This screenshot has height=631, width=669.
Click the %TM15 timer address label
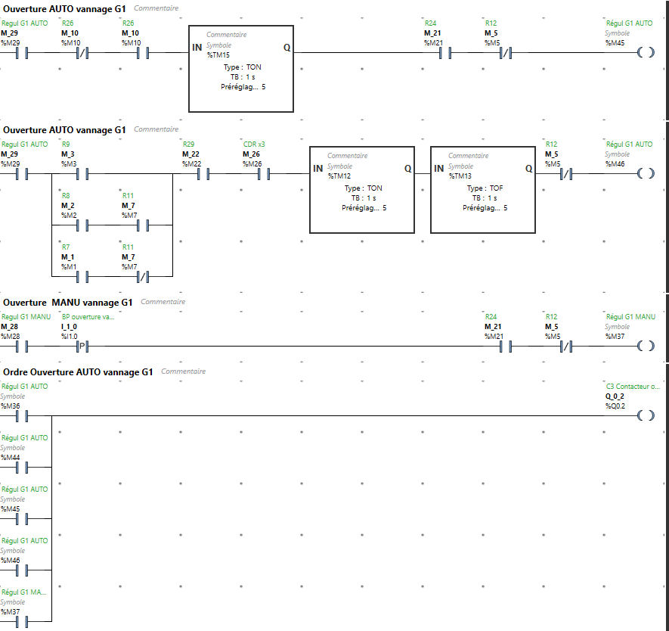point(218,55)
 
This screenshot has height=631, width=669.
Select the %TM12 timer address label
point(339,176)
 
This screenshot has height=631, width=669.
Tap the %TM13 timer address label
point(460,176)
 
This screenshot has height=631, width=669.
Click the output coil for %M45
point(646,52)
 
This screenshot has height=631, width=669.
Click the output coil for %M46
point(646,173)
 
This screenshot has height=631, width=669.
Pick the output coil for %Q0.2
point(646,415)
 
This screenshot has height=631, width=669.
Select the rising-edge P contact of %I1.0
point(82,347)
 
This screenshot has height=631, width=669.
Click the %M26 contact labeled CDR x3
point(264,174)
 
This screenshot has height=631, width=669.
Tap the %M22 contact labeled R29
point(203,174)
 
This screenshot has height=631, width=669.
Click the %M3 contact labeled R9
point(82,174)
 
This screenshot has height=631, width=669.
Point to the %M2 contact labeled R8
point(82,225)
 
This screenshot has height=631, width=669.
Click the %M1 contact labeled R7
point(82,277)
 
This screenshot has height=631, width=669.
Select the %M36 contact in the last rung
point(22,416)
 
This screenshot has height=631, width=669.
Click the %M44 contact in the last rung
point(22,468)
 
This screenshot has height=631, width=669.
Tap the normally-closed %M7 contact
point(143,277)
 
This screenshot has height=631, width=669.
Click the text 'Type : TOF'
point(485,188)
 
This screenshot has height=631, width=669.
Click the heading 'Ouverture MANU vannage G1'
point(68,303)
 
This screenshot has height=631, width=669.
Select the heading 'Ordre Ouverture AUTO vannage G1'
point(78,372)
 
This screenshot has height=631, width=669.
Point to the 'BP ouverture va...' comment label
point(88,317)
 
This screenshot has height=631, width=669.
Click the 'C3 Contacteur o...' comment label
point(633,387)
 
